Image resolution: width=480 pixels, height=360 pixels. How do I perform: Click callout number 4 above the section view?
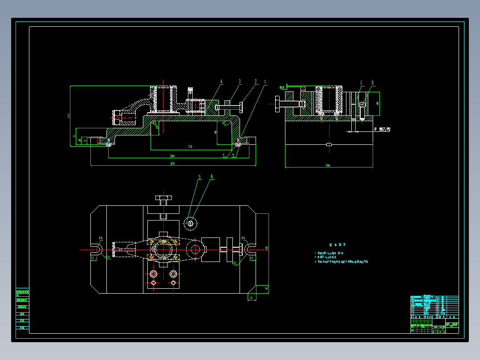(x=221, y=82)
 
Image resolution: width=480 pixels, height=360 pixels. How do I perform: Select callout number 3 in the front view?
(x=240, y=82)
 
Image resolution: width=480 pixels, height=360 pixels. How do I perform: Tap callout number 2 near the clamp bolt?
(x=256, y=82)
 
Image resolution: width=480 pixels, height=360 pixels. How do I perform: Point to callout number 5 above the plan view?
(x=199, y=177)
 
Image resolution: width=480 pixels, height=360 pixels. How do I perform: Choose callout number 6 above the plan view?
(x=212, y=177)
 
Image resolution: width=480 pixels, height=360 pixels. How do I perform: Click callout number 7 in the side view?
(x=361, y=82)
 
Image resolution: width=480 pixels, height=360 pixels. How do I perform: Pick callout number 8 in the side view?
(x=373, y=82)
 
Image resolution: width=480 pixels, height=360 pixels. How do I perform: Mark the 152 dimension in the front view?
(x=190, y=147)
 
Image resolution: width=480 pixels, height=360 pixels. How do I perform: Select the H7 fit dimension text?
(x=382, y=129)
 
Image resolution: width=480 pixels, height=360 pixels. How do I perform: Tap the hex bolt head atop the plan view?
(x=163, y=198)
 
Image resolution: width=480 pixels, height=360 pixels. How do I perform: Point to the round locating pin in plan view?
(x=191, y=223)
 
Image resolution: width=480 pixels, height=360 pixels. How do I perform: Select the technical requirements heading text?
(x=337, y=245)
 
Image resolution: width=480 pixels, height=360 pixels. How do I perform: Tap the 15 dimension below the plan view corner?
(x=250, y=298)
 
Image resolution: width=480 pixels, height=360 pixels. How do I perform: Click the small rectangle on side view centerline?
(x=329, y=144)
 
